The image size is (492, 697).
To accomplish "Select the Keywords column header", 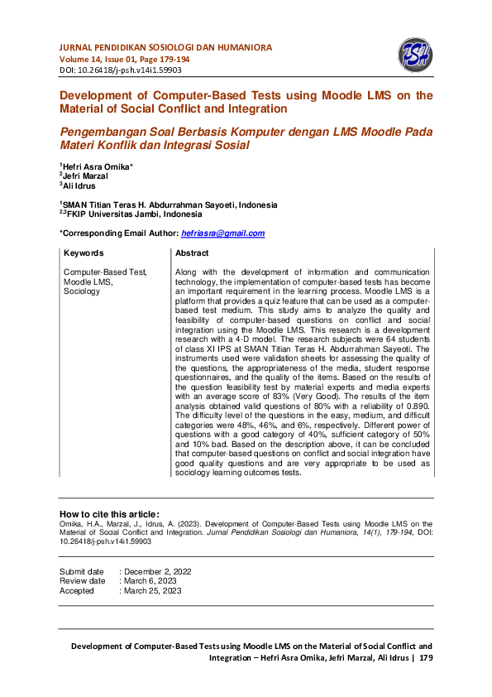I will [84, 253].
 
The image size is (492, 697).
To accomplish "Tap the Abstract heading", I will [192, 253].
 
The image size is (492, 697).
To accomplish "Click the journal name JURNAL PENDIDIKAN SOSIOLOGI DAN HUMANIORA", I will [165, 47].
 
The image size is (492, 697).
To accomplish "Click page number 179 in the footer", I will [426, 658].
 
